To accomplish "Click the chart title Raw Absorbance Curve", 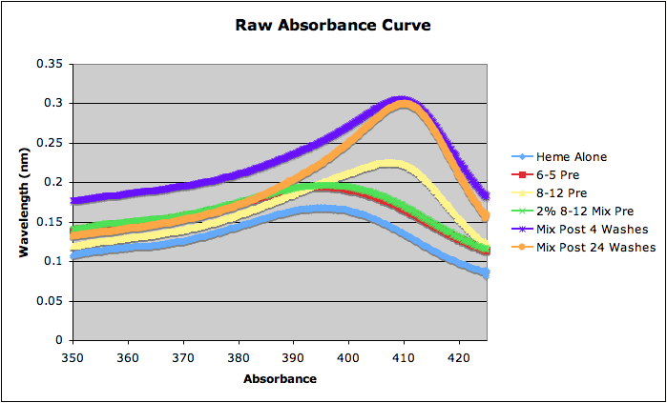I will (x=333, y=25).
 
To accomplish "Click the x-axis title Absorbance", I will (x=280, y=378).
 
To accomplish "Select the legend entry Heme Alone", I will (x=571, y=155).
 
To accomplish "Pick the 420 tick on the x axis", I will (x=459, y=354).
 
